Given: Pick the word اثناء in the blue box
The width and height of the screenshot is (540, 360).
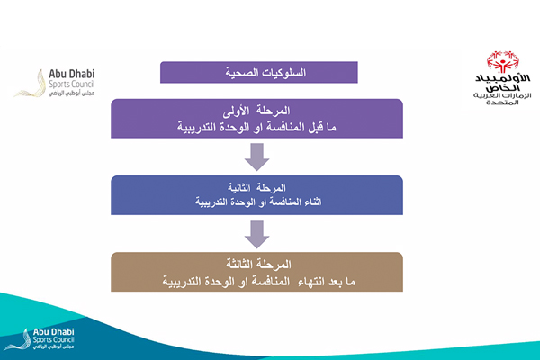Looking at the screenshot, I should point(319,203).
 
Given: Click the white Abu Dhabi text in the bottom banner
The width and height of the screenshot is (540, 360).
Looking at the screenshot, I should point(54,332).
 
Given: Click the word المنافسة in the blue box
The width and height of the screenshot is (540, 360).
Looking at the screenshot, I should point(280,203).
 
